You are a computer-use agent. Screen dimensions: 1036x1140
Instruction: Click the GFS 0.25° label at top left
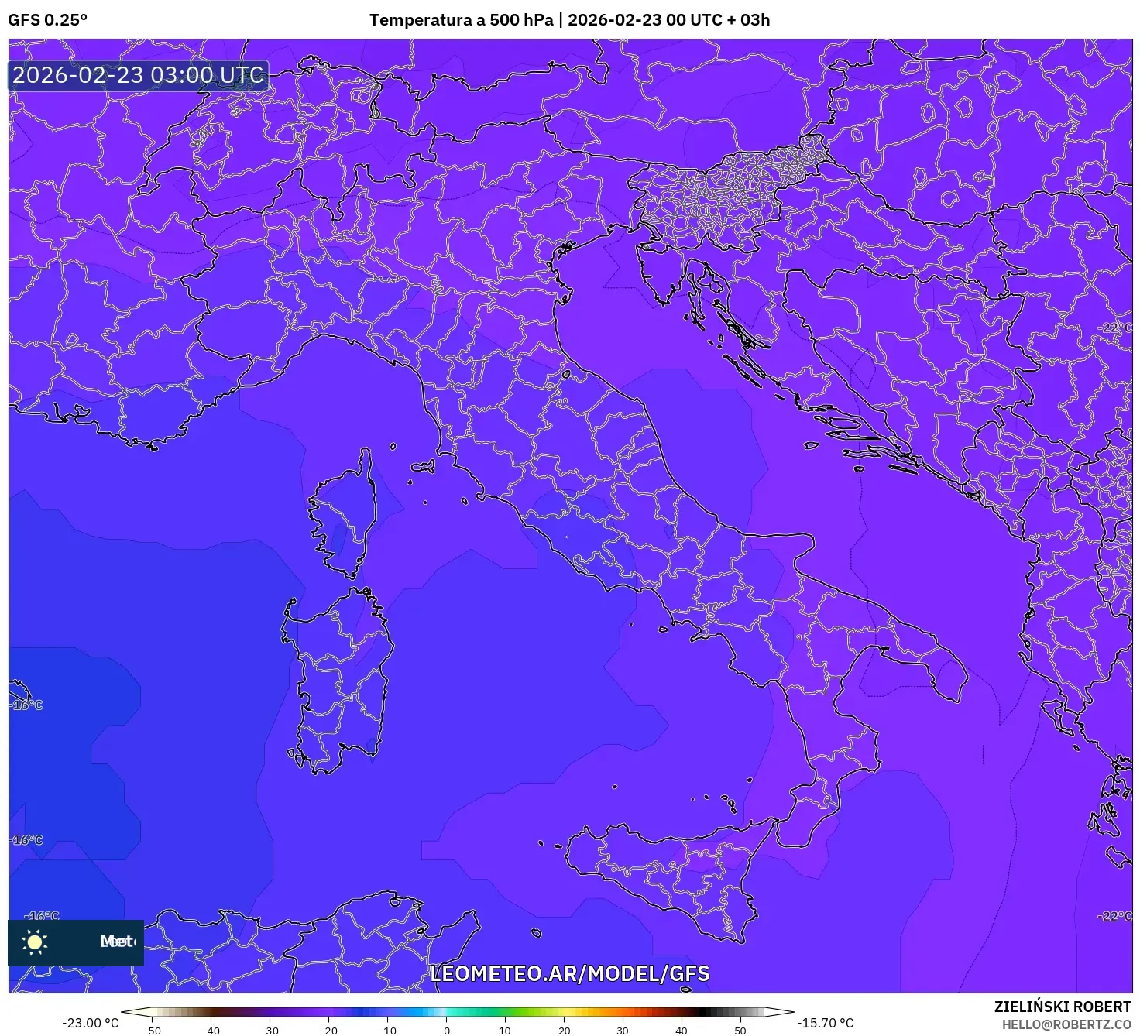[x=47, y=20]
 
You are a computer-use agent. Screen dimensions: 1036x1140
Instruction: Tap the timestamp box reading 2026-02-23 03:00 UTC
[x=139, y=75]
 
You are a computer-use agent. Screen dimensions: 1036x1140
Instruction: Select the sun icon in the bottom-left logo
[x=35, y=942]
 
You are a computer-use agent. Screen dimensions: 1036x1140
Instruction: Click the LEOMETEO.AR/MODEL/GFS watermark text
[x=569, y=973]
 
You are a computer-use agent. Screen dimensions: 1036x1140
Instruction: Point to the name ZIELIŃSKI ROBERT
[x=1063, y=1007]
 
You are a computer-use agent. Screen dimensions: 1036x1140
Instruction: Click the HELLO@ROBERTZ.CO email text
[x=1066, y=1024]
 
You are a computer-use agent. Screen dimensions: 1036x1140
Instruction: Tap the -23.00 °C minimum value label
[x=91, y=1023]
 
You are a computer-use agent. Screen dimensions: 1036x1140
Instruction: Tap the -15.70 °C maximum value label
[x=826, y=1023]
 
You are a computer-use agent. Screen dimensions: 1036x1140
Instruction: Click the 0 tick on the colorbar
[x=447, y=1030]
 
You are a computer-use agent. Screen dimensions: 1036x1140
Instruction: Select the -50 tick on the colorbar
[x=152, y=1030]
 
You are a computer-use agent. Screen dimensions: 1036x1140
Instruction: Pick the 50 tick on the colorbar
[x=740, y=1030]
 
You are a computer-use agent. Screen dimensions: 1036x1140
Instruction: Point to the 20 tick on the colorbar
[x=564, y=1030]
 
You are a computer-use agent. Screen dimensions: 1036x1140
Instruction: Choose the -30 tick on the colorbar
[x=269, y=1030]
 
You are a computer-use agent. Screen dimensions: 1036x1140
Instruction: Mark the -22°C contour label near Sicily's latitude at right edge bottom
[x=1114, y=916]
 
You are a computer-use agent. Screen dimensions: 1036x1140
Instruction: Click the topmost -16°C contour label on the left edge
[x=27, y=705]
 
